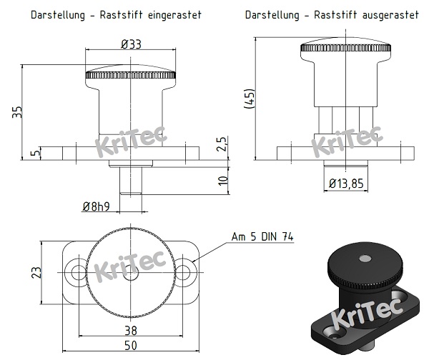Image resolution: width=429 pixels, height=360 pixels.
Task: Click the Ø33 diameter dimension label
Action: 131,44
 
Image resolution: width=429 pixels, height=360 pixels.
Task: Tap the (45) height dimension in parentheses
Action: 250,99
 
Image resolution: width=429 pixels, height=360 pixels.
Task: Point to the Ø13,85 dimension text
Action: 346,184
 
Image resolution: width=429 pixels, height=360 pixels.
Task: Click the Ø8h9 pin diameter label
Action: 96,207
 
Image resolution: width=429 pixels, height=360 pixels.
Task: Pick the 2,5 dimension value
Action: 222,144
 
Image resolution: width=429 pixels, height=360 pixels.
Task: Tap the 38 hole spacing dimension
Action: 130,331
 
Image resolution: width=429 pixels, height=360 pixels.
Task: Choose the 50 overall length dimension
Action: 130,346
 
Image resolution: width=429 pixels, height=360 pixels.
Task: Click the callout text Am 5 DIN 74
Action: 262,237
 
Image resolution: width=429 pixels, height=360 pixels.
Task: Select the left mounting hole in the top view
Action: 77,272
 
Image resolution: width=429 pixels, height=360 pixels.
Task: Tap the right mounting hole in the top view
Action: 184,272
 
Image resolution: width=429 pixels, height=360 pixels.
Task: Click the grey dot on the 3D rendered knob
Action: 365,256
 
